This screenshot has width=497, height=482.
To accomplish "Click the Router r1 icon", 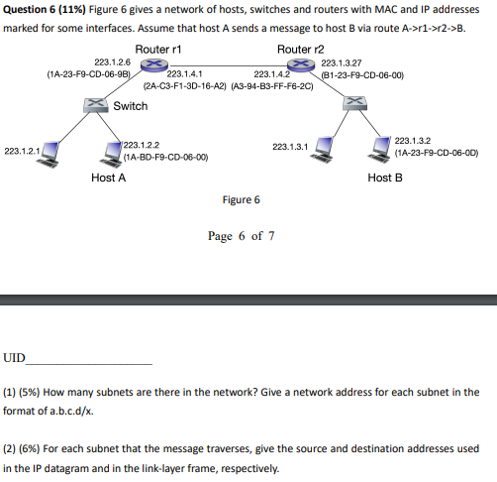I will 151,64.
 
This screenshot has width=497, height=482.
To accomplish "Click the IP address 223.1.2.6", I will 112,61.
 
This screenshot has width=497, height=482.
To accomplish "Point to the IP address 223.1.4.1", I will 185,73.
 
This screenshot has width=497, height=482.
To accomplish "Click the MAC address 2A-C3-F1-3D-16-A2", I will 185,85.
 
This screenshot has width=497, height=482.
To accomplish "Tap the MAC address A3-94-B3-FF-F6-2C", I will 272,85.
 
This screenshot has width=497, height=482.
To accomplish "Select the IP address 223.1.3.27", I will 343,61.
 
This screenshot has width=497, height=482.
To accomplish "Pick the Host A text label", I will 108,178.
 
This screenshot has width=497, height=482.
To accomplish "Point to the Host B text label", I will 384,178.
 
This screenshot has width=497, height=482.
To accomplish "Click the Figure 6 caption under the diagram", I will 242,199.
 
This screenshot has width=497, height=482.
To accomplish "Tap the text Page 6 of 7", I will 241,236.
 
